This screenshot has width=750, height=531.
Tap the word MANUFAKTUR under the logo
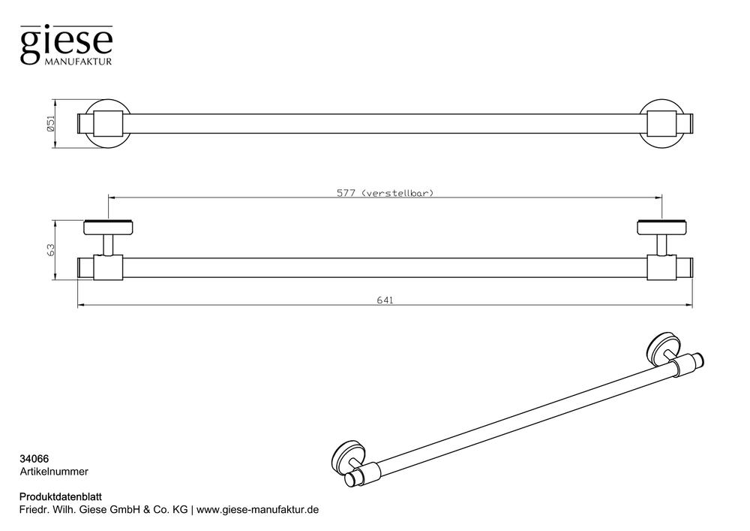point(78,62)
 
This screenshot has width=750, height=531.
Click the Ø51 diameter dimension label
point(51,123)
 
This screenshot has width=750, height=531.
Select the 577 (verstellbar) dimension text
point(385,193)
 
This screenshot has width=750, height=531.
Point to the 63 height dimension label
point(51,249)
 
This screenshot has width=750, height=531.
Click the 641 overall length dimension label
point(385,300)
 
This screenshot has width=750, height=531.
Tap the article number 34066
point(34,459)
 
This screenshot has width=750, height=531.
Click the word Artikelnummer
point(54,472)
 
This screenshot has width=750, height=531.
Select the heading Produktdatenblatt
point(60,497)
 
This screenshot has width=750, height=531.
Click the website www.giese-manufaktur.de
point(258,510)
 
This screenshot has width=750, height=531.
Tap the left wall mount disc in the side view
point(108,228)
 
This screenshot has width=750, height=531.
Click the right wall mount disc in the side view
point(662,228)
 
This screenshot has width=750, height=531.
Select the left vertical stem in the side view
point(109,245)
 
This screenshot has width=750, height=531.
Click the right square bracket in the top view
point(662,124)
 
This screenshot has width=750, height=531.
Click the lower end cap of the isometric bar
point(352,479)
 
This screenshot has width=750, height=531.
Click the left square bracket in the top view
point(108,124)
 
